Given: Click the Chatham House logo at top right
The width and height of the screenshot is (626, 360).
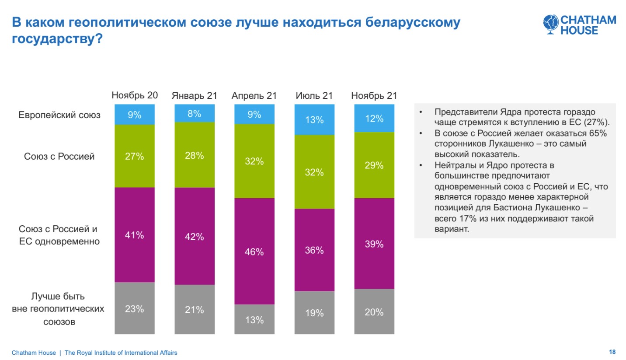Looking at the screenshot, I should tap(579, 25).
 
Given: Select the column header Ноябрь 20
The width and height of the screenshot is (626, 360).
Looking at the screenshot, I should tap(134, 95).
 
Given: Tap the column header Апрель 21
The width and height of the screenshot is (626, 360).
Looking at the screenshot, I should tap(254, 95).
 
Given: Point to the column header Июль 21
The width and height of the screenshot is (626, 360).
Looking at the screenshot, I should tap(314, 95).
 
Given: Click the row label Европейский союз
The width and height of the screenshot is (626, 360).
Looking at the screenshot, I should tap(59, 115).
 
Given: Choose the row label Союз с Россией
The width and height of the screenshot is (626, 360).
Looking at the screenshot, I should tap(59, 156).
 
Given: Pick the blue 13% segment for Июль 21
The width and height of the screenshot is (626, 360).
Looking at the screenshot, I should tap(314, 119).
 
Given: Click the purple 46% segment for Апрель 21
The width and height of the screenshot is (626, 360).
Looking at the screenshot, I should tap(254, 251).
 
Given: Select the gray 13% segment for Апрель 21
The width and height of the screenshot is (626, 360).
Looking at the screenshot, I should tap(254, 319).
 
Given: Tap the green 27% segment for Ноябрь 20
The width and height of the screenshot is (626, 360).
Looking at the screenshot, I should tap(134, 156).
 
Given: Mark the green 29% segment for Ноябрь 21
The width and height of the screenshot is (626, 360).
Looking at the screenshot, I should tap(374, 165).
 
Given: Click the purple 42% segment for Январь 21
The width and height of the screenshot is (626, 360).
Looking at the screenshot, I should tap(194, 236).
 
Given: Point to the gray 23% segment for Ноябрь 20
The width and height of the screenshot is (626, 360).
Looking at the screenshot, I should tap(134, 308).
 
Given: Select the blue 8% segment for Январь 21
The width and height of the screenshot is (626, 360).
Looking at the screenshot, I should tap(194, 114).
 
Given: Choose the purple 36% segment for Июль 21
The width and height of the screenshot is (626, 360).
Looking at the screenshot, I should tap(314, 250).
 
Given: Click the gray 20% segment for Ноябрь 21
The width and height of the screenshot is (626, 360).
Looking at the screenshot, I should tap(374, 311).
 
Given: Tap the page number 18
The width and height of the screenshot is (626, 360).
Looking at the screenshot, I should tap(612, 352).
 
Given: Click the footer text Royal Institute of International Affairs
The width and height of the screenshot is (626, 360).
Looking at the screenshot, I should tap(127, 353).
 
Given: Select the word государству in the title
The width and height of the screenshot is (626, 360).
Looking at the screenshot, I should tap(52, 39).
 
